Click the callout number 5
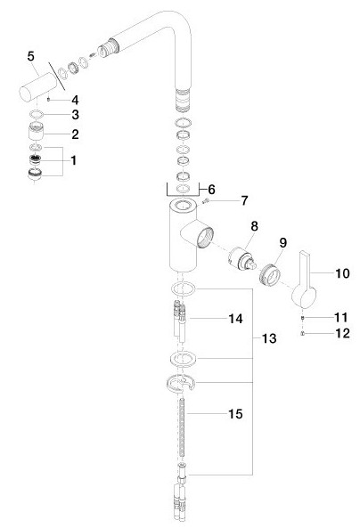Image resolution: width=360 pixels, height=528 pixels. (x=30, y=56)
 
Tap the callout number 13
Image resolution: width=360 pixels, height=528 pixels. (x=269, y=338)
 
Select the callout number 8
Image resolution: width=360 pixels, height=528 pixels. (x=254, y=226)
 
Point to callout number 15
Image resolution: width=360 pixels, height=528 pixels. (x=235, y=414)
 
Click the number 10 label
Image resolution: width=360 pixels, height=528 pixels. (x=342, y=273)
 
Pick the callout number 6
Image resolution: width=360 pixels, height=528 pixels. (x=211, y=190)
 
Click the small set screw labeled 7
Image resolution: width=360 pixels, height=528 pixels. (x=206, y=201)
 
